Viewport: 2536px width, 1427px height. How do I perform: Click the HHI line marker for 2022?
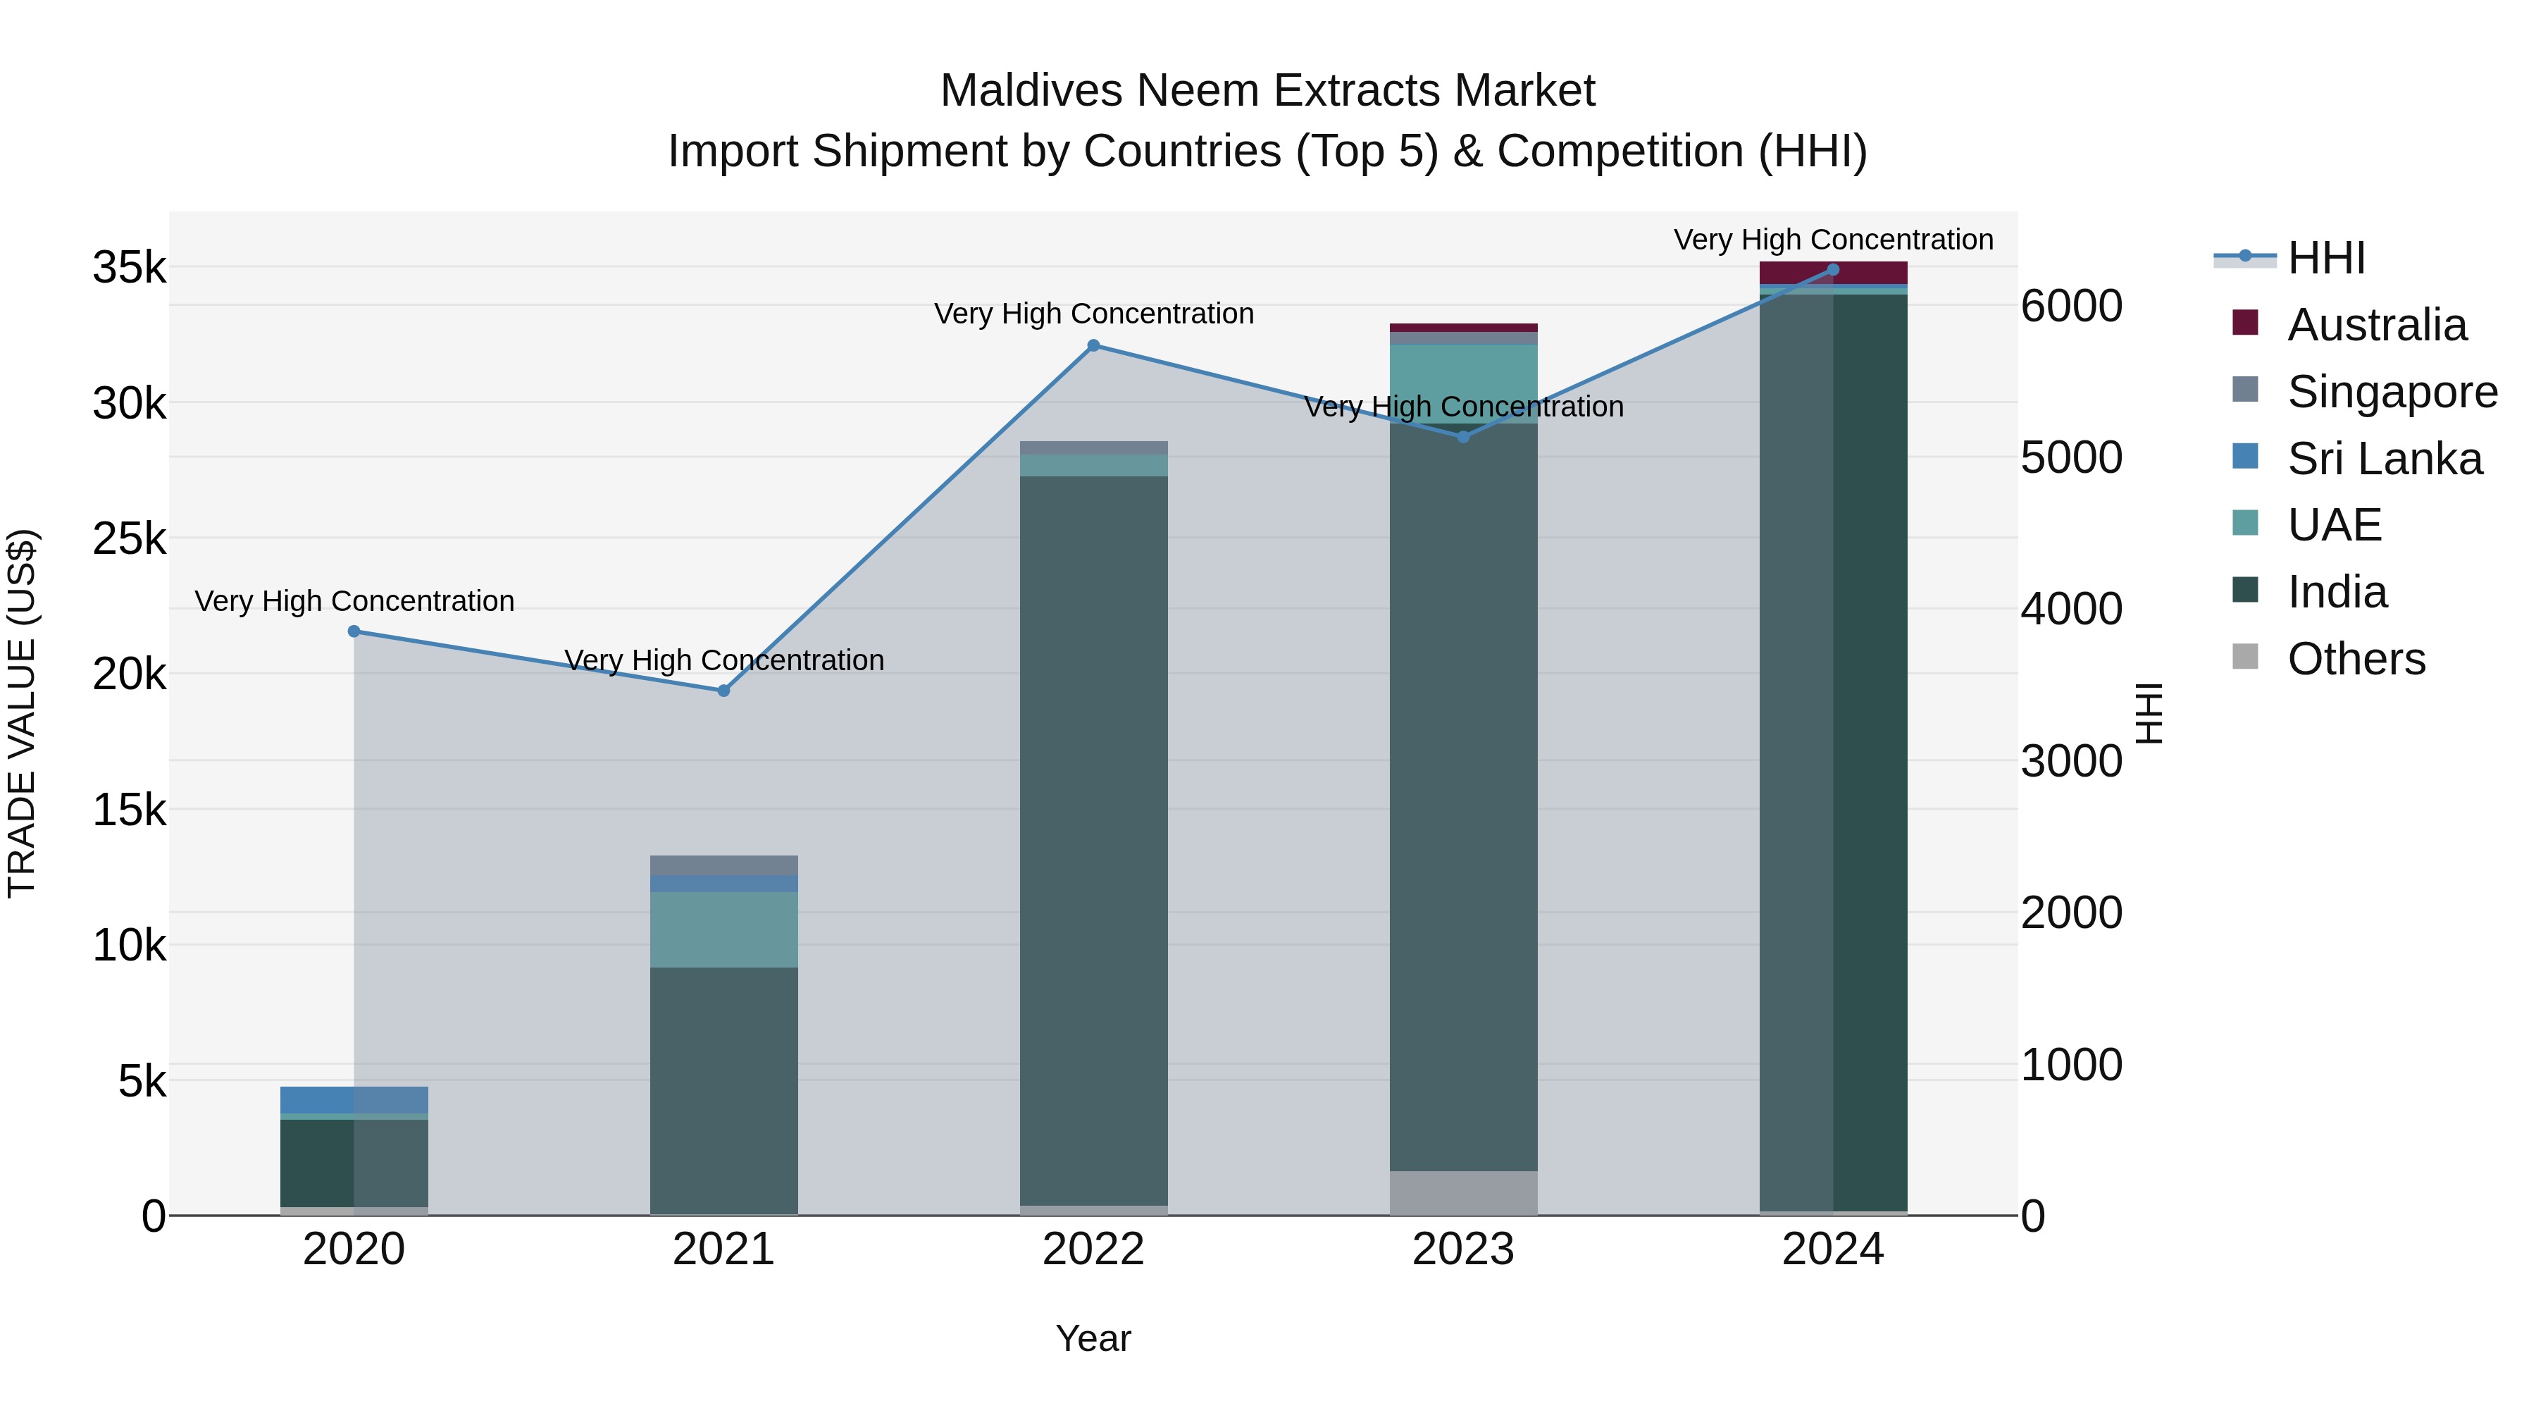click(x=1093, y=346)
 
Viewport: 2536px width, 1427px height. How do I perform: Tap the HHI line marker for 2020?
click(x=354, y=631)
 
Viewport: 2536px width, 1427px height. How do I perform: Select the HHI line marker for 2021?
click(x=723, y=691)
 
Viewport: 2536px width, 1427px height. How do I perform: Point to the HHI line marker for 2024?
click(x=1833, y=270)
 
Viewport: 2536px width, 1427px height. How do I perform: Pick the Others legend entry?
click(x=2356, y=659)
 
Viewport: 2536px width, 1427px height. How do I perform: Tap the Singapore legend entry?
click(x=2392, y=392)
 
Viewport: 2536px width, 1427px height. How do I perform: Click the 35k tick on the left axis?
click(x=129, y=268)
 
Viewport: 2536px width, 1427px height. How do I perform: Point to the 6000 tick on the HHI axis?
click(x=2071, y=307)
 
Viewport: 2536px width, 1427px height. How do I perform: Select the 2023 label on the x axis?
click(x=1463, y=1249)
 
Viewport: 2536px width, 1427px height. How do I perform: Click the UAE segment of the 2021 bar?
click(x=723, y=929)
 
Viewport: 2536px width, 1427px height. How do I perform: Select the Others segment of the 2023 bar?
click(x=1463, y=1192)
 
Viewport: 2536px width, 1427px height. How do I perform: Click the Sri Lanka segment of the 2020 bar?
click(x=354, y=1099)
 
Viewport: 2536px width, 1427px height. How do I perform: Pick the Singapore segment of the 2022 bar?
click(x=1093, y=448)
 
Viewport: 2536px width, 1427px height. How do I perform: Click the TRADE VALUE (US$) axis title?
click(x=22, y=713)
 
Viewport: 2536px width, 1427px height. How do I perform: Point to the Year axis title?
click(x=1093, y=1338)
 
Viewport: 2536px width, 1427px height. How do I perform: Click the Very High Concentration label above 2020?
click(x=354, y=600)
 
